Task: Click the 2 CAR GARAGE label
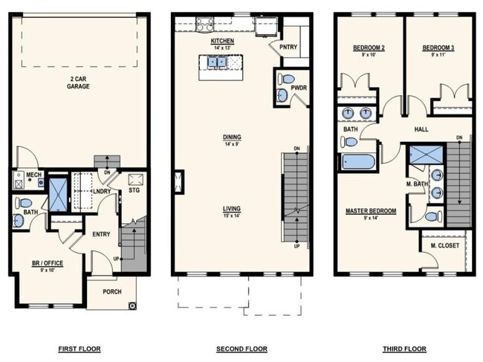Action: [79, 82]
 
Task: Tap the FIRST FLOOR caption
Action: [80, 349]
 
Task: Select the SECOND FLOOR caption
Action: [241, 349]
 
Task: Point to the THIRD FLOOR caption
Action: [403, 349]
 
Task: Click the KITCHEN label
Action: [221, 41]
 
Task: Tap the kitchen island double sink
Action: [218, 62]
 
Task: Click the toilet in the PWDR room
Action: [289, 79]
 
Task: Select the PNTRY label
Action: [288, 46]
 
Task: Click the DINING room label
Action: [231, 137]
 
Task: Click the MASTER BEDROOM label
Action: [371, 211]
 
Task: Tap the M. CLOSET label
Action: [444, 245]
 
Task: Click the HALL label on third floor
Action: [421, 129]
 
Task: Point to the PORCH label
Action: [111, 292]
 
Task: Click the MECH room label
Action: [33, 175]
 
